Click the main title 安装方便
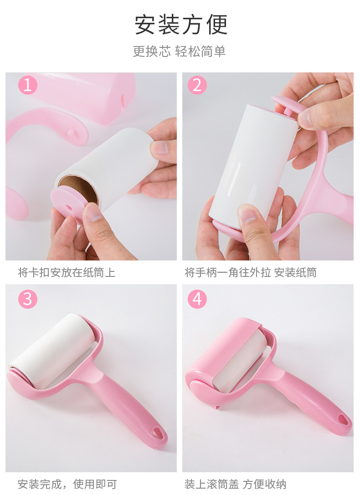coord(180,25)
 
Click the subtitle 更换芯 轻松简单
coord(179,51)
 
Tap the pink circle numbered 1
coord(27,85)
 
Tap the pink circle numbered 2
coord(197,85)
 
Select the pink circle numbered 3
coord(27,299)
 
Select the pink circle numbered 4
coord(197,299)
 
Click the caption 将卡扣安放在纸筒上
coord(67,273)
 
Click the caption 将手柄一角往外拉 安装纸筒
coord(250,273)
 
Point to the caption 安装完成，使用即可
coord(67,484)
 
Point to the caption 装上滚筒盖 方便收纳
coord(235,484)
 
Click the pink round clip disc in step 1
coord(68,205)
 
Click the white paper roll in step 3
coord(52,348)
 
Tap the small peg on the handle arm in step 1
coord(71,132)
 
